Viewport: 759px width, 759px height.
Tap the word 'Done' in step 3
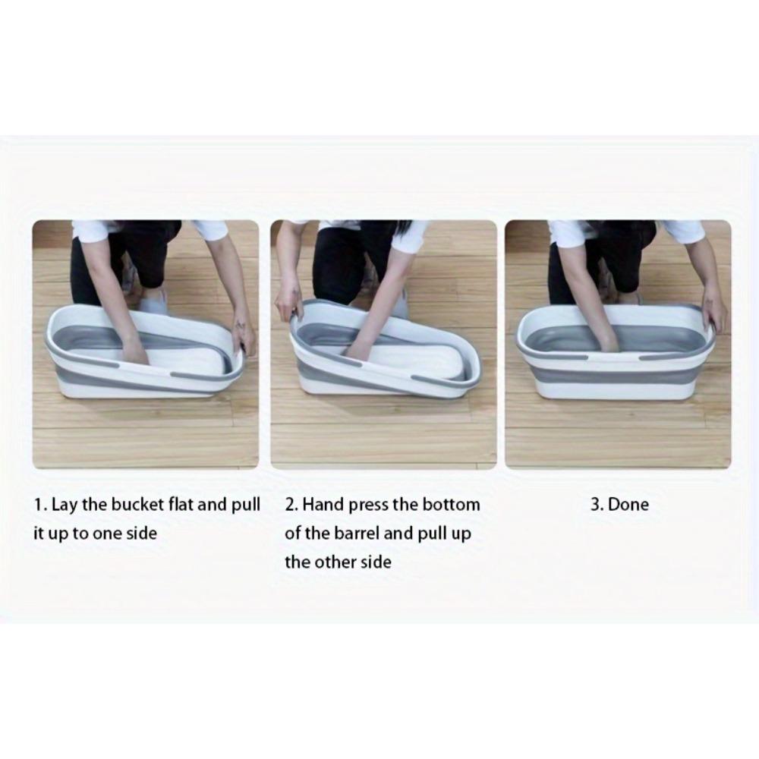[628, 505]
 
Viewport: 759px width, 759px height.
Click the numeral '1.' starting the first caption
[40, 505]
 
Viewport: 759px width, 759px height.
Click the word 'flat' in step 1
[181, 505]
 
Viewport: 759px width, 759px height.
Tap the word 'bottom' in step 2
[451, 505]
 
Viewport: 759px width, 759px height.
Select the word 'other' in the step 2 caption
[334, 562]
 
